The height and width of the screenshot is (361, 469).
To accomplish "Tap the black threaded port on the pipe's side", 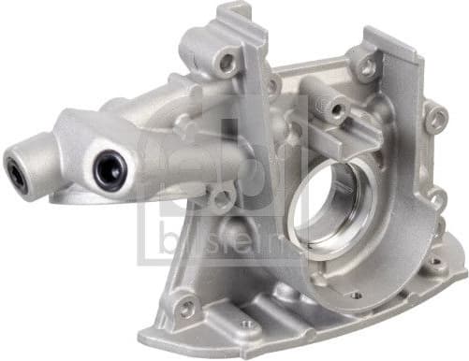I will pos(110,170).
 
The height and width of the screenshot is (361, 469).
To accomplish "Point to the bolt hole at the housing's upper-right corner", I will pos(366,66).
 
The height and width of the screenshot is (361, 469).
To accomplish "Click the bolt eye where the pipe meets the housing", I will pos(222,197).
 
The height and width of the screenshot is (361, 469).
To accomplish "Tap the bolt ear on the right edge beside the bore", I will pos(436,199).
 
